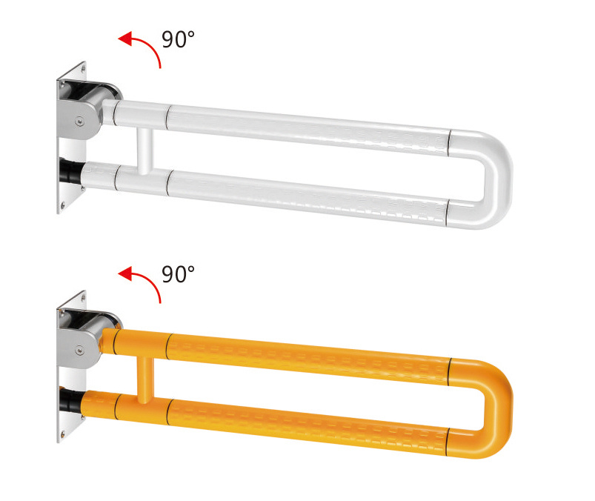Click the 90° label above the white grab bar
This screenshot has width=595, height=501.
178,39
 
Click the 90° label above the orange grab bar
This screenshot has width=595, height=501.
178,274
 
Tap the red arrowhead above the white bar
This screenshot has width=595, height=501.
126,39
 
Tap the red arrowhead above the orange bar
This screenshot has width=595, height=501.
126,273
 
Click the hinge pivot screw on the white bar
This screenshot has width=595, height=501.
79,121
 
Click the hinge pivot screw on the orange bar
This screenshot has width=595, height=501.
79,351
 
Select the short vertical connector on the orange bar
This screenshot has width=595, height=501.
145,380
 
